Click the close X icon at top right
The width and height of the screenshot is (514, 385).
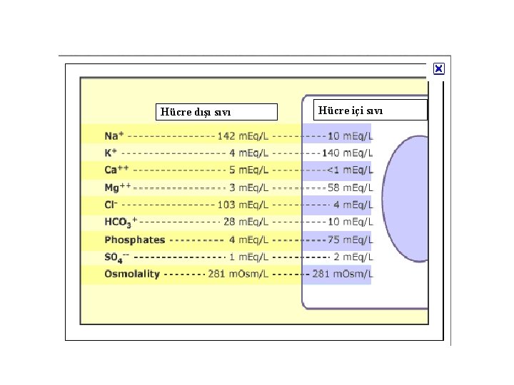tap(438, 69)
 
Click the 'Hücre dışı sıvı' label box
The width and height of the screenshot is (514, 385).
tap(216, 112)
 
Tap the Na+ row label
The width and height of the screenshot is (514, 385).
tap(114, 135)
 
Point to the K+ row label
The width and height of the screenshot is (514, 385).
tap(111, 153)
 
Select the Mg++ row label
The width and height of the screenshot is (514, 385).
tap(118, 187)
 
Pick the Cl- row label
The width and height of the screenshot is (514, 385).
tap(111, 205)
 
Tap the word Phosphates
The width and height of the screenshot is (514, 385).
tap(134, 240)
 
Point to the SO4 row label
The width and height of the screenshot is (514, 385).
tap(116, 257)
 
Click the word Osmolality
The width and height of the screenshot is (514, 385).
tap(132, 274)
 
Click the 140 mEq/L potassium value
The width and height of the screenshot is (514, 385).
tap(347, 153)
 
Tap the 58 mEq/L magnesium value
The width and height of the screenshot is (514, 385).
tap(350, 188)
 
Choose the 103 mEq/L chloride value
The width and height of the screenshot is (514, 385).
tap(243, 205)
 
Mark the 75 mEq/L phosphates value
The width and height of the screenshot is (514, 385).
tap(350, 240)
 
